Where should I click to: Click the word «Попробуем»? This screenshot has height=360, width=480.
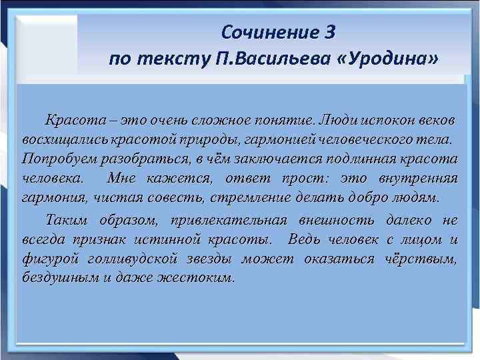[x=59, y=160]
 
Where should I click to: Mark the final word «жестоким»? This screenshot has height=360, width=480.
[x=203, y=279]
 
